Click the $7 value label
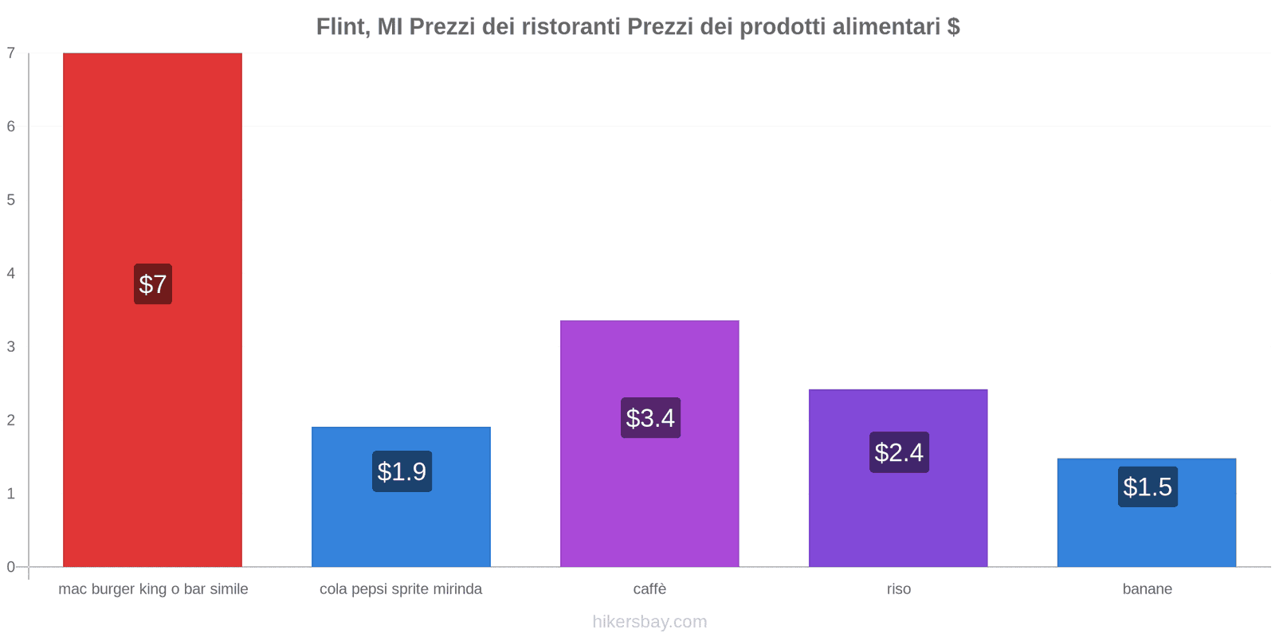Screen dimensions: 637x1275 point(152,284)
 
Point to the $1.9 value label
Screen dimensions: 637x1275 point(402,471)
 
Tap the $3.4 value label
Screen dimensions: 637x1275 point(650,418)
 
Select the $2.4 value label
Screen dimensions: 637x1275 point(899,452)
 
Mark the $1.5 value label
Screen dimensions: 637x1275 point(1147,487)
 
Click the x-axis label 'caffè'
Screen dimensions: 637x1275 point(649,589)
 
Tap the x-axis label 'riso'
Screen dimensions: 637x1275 point(898,589)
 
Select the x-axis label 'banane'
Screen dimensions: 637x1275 point(1147,589)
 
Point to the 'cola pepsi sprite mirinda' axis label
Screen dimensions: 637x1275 point(401,589)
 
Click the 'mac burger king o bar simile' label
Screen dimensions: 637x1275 point(153,589)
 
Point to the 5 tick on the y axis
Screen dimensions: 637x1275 point(11,200)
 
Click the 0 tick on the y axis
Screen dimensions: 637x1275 point(11,567)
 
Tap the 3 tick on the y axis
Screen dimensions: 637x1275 point(11,346)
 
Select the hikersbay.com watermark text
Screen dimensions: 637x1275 point(649,622)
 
